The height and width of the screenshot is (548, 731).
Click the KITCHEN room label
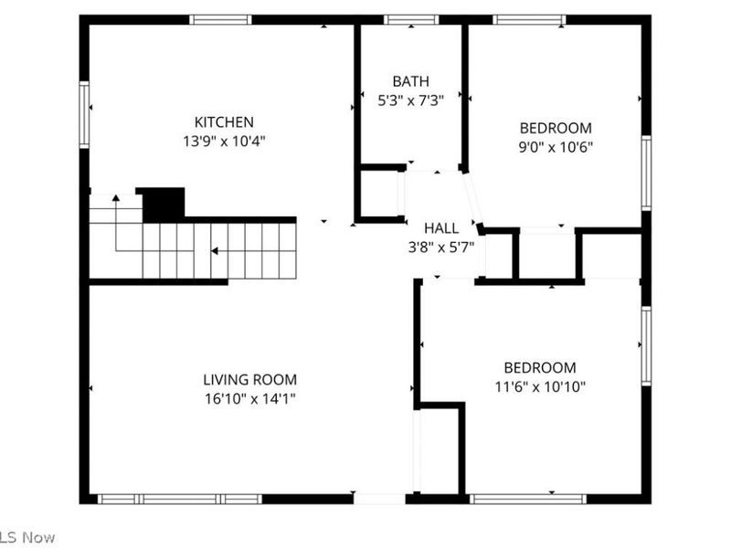click(x=224, y=122)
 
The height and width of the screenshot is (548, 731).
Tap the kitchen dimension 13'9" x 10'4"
click(x=224, y=142)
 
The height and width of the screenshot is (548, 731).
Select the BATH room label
click(x=410, y=81)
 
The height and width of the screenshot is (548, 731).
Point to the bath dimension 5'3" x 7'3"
click(x=410, y=100)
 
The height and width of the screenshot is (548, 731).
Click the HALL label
click(x=440, y=228)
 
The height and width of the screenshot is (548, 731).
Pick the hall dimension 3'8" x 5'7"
click(x=440, y=247)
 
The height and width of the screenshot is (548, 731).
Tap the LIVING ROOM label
click(x=249, y=380)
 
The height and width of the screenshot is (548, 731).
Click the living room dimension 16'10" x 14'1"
click(x=249, y=399)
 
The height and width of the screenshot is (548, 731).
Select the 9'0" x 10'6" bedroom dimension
click(x=556, y=147)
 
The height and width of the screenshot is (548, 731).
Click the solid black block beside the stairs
click(x=164, y=204)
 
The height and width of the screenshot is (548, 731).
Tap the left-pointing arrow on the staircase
click(x=214, y=250)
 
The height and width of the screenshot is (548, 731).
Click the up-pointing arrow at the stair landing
click(x=116, y=196)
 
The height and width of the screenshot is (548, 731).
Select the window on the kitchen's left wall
click(x=84, y=115)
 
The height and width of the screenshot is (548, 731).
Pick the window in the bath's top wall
click(x=411, y=19)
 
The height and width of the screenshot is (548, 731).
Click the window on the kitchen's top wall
click(x=220, y=19)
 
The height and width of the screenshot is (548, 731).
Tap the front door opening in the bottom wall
click(x=379, y=499)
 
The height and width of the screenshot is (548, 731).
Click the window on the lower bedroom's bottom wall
click(x=527, y=499)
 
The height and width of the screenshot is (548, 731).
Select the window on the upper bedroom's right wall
click(x=646, y=174)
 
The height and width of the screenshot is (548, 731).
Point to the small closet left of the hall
click(x=379, y=193)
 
